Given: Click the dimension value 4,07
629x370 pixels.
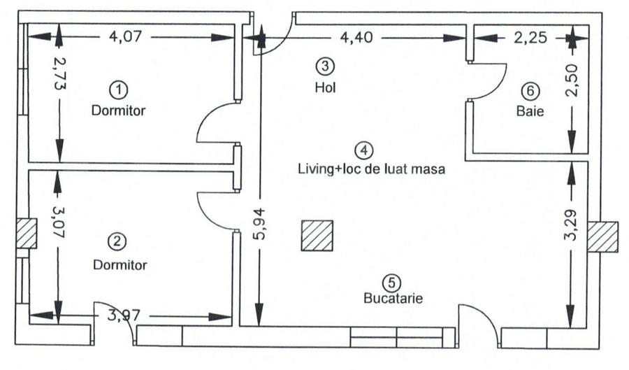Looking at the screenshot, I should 126,36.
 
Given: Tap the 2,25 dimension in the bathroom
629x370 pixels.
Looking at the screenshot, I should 530,37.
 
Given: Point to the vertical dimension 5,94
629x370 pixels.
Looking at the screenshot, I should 260,225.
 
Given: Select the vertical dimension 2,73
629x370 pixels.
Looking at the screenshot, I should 59,71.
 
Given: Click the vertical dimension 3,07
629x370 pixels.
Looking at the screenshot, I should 59,218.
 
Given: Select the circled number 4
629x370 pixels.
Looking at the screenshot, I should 363,149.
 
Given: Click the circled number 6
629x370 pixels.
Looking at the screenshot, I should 530,90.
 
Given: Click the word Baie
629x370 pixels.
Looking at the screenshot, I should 530,111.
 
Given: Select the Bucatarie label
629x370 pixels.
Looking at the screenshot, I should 393,299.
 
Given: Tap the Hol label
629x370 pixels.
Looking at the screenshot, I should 325,87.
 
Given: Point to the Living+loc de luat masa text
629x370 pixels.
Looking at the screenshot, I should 371,169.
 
